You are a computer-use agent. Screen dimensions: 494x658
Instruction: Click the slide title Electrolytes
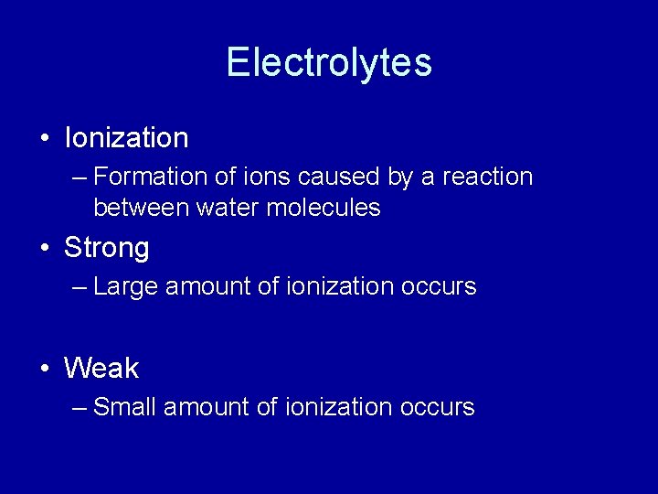coord(329,63)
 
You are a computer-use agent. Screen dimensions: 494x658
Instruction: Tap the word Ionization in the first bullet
coord(126,138)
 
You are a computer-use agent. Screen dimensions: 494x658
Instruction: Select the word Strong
coord(106,248)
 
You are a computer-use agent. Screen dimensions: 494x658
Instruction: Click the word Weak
coord(101,369)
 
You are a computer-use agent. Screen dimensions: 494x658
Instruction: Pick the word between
coord(142,209)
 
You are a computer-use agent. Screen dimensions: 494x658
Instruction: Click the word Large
coord(123,287)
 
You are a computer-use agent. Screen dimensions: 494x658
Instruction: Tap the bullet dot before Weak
coord(45,370)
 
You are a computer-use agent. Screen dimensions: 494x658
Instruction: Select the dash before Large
coord(80,287)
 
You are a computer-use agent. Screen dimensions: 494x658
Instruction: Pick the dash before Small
coord(80,408)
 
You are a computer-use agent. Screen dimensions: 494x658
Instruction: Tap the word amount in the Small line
coord(208,408)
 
